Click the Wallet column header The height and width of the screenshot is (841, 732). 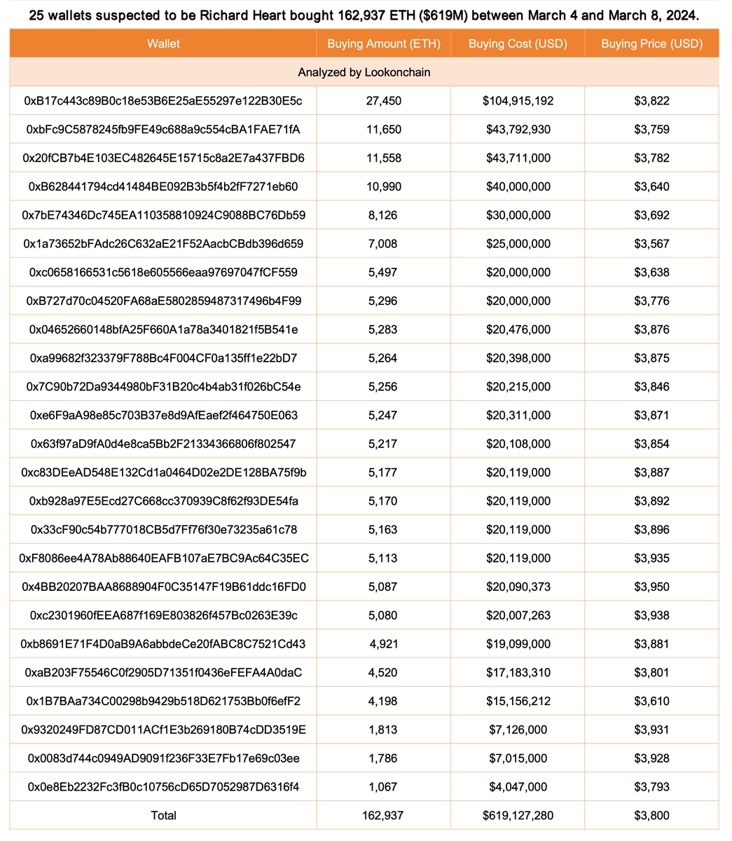point(163,43)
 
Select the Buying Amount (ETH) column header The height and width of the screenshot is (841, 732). point(383,43)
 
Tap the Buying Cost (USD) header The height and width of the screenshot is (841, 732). point(518,43)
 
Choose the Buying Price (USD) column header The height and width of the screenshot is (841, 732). point(651,43)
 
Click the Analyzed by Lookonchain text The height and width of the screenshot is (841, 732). point(364,72)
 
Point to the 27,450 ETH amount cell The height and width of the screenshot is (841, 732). point(383,101)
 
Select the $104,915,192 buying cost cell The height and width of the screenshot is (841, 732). point(518,101)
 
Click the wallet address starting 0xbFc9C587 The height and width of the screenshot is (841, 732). point(163,130)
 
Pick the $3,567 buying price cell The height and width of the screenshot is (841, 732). point(651,244)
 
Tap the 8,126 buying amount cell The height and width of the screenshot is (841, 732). point(383,215)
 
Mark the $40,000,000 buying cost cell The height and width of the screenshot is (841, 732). point(518,186)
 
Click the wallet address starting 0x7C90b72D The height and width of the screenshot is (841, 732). point(163,387)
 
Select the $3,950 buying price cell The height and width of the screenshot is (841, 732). point(651,587)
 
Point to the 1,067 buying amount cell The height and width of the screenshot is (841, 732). point(383,787)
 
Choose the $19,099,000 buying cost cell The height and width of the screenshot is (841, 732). point(518,644)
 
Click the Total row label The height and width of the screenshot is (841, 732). point(163,816)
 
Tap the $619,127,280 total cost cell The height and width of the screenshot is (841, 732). point(518,816)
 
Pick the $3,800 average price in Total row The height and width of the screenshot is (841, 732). point(651,816)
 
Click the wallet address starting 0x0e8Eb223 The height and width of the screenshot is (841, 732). point(163,787)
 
